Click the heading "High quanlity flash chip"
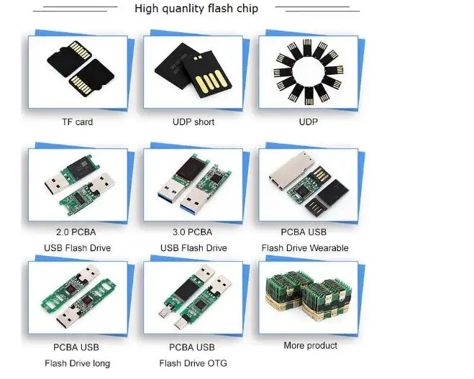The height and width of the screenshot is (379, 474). (196, 9)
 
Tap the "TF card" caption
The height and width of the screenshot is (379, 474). (77, 122)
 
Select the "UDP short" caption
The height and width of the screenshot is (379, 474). (193, 122)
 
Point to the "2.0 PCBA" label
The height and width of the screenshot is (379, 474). (76, 232)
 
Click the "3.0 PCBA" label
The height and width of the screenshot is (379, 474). (192, 232)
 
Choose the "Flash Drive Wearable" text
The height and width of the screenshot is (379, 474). (304, 248)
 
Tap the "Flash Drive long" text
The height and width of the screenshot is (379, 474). (77, 363)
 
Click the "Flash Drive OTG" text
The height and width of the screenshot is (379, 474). (193, 363)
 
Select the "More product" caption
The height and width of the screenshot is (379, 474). (310, 346)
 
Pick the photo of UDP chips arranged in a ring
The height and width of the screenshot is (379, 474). (308, 70)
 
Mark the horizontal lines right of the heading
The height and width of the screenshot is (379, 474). (316, 9)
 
